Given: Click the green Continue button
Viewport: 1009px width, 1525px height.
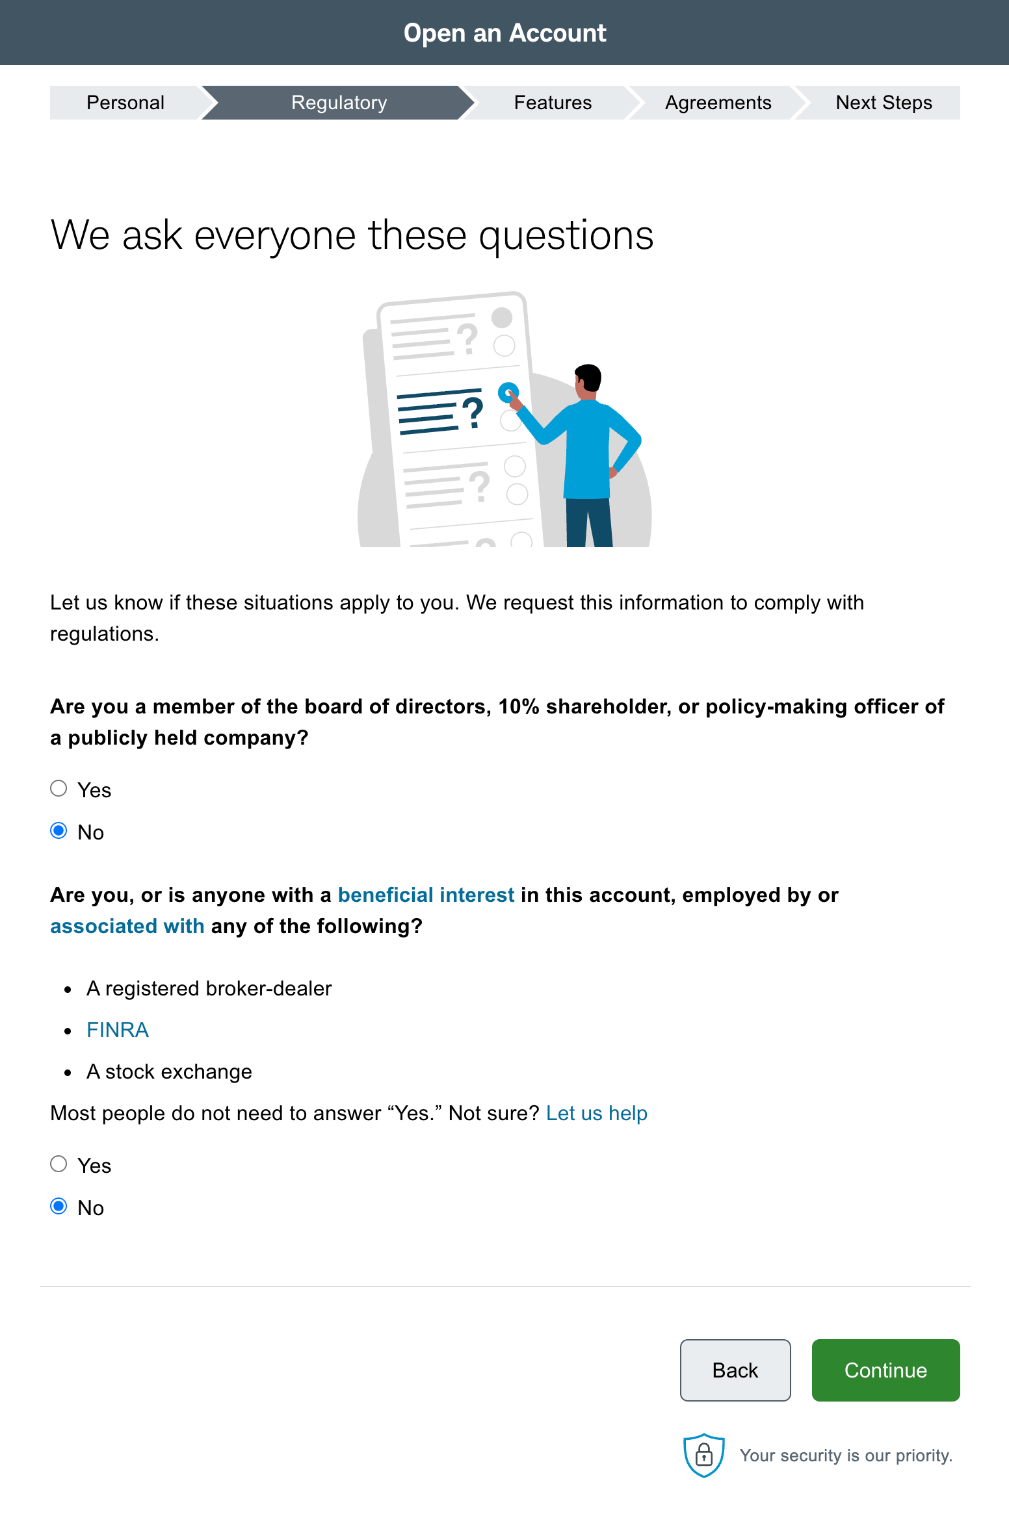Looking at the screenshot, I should (x=885, y=1370).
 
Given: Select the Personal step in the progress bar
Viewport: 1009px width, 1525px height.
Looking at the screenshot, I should (x=125, y=103).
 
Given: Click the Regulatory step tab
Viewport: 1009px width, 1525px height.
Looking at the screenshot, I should (x=339, y=103).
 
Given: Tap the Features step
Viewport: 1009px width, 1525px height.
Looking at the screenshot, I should (x=553, y=103).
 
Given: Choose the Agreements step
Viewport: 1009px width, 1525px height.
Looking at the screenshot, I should (x=718, y=103).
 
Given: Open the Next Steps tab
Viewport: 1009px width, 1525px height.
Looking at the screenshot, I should (x=884, y=103).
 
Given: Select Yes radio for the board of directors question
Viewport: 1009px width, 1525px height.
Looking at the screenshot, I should (x=59, y=789).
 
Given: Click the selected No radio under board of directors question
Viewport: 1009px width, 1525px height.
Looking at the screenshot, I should (x=59, y=831).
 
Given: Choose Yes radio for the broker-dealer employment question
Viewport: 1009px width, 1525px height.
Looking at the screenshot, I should (x=59, y=1164).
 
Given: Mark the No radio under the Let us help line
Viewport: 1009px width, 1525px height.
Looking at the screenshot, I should (x=59, y=1207).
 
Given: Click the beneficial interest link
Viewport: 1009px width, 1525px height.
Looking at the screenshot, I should (x=426, y=895).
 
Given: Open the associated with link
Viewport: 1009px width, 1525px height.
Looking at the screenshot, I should (x=127, y=926).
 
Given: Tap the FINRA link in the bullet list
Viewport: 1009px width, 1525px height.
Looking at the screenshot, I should (x=118, y=1030).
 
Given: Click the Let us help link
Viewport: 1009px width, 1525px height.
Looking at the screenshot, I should (x=596, y=1113).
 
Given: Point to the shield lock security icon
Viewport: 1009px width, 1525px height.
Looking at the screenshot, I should (x=703, y=1455).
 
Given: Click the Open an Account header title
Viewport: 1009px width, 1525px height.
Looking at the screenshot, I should (x=504, y=32).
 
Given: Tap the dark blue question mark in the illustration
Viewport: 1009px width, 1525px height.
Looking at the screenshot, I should (x=473, y=413).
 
